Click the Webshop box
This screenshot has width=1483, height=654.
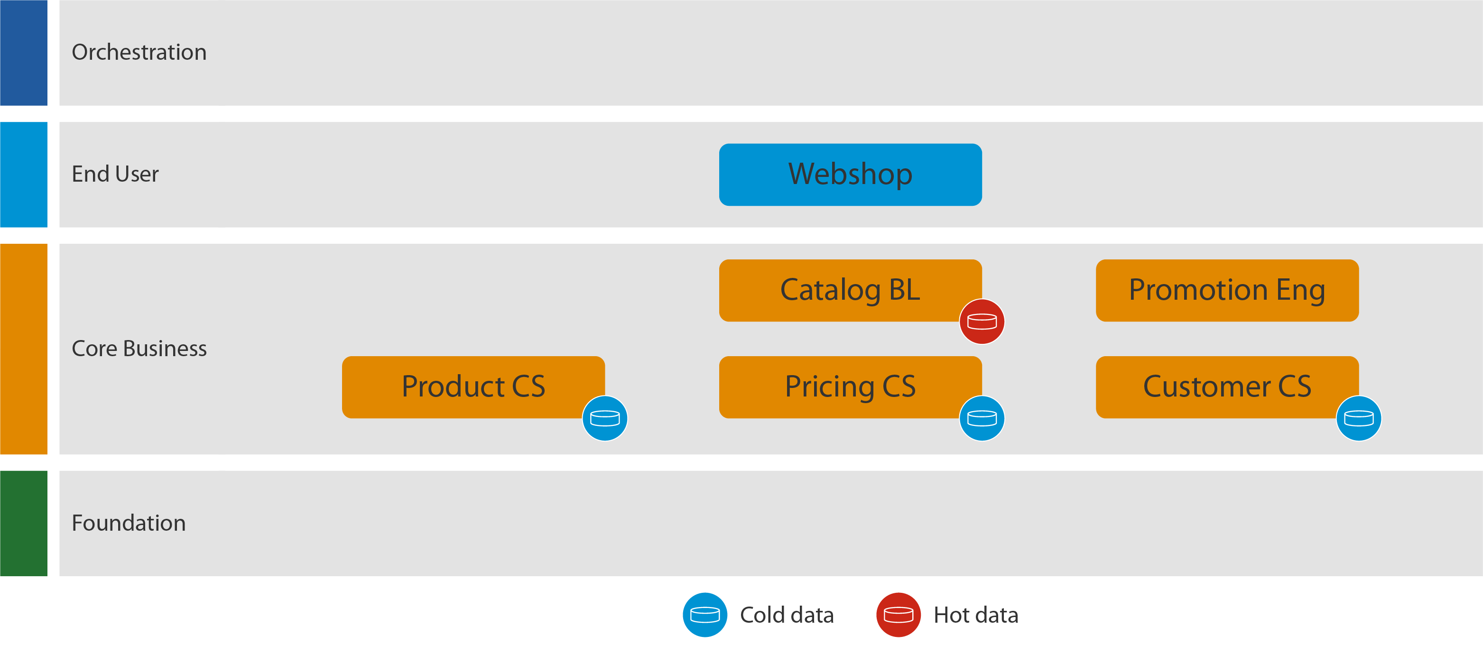850,175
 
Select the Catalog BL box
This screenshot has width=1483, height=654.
850,290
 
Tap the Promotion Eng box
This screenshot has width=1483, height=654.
1227,290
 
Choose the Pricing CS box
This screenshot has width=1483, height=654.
850,387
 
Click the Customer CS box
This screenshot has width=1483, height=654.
1227,387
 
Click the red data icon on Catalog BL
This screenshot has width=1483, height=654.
982,321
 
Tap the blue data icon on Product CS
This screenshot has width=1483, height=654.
604,418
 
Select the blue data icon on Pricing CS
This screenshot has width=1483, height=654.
982,418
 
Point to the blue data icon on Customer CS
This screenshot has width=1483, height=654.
1359,418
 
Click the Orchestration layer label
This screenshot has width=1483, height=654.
139,52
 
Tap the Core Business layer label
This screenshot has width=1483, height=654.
139,348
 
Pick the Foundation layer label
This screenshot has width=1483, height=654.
129,523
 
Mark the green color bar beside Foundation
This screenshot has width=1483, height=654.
24,523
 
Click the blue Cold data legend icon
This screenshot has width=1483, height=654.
704,614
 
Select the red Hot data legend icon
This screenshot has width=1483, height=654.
898,614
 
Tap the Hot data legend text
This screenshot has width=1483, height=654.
975,615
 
